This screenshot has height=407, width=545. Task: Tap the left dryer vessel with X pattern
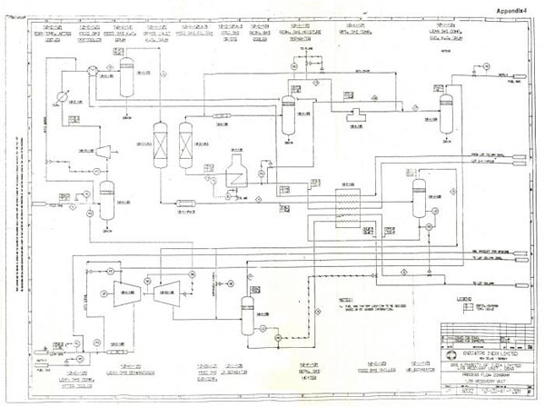pos(161,141)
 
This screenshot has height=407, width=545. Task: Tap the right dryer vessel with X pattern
pos(186,141)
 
